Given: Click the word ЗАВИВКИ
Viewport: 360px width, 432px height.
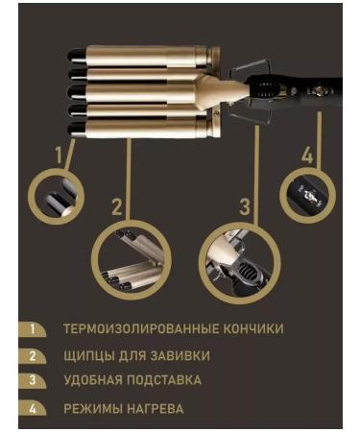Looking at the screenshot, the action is pyautogui.click(x=180, y=356).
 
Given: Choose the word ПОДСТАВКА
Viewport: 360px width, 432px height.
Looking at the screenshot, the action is pyautogui.click(x=164, y=380).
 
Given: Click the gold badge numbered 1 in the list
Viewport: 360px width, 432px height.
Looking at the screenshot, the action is pyautogui.click(x=33, y=329).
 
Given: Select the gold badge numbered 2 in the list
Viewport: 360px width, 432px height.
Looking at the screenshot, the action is pyautogui.click(x=33, y=356).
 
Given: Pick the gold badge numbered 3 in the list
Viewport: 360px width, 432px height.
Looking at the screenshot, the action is pyautogui.click(x=33, y=381).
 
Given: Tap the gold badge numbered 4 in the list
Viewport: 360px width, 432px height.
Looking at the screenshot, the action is pyautogui.click(x=33, y=409).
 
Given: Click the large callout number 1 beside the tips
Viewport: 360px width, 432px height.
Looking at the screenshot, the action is pyautogui.click(x=59, y=155).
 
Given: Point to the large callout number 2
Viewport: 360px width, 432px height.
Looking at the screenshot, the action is pyautogui.click(x=117, y=206).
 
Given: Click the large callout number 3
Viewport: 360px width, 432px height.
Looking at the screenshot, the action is pyautogui.click(x=245, y=206).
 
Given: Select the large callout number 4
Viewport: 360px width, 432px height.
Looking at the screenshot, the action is pyautogui.click(x=307, y=156).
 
